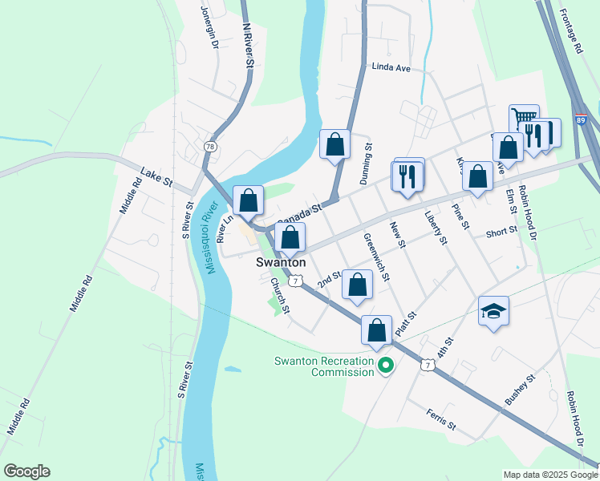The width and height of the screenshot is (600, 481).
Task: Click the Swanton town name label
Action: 281,262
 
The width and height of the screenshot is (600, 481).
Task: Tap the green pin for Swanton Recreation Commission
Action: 386,366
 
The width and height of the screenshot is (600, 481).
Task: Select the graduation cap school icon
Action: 493,312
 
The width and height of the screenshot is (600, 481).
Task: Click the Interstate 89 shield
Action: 580,119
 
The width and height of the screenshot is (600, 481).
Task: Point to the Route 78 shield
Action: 209,147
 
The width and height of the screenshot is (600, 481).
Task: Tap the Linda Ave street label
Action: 391,69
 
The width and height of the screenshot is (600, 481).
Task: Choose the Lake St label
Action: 156,176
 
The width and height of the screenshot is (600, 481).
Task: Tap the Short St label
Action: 501,233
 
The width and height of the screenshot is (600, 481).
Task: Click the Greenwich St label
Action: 375,257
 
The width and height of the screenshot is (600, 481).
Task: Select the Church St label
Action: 279,296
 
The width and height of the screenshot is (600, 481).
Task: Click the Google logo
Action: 26,471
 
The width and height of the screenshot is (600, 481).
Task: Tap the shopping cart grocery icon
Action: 524,119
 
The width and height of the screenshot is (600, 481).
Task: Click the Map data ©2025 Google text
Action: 549,475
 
